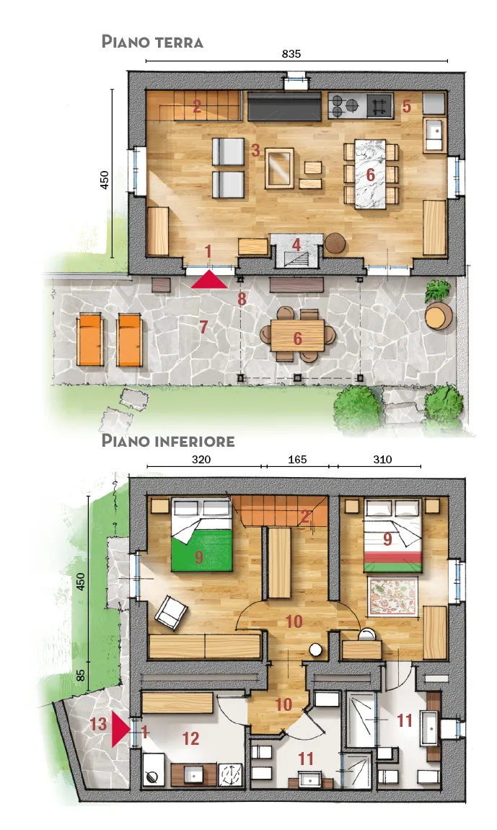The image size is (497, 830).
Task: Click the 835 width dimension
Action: pyautogui.click(x=291, y=53)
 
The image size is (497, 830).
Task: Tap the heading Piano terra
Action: pyautogui.click(x=152, y=41)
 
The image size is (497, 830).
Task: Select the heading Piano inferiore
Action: pyautogui.click(x=168, y=440)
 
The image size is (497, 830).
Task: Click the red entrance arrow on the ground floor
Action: pyautogui.click(x=209, y=279)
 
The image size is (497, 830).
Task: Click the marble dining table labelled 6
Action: pyautogui.click(x=369, y=172)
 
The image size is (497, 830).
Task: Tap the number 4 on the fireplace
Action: pyautogui.click(x=296, y=244)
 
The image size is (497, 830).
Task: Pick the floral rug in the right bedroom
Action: pyautogui.click(x=392, y=595)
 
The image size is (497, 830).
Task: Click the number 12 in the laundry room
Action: pyautogui.click(x=190, y=738)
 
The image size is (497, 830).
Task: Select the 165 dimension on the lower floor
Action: pyautogui.click(x=297, y=460)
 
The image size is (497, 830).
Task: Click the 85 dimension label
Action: pyautogui.click(x=81, y=675)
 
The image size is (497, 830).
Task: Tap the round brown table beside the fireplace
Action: pyautogui.click(x=335, y=243)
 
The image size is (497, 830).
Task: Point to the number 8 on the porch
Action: pyautogui.click(x=242, y=299)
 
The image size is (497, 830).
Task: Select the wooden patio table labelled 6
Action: pyautogui.click(x=297, y=335)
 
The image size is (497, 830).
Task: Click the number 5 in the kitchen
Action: pyautogui.click(x=407, y=106)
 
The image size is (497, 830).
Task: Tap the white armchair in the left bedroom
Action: pyautogui.click(x=171, y=611)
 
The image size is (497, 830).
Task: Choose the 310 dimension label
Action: pyautogui.click(x=382, y=460)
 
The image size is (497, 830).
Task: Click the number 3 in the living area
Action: pyautogui.click(x=255, y=150)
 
